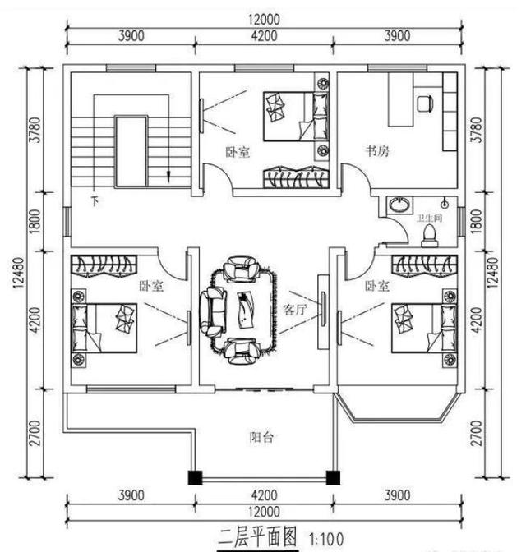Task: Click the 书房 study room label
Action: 377,151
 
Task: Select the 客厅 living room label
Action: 295,310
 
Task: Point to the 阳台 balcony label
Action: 262,437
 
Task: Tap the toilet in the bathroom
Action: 427,236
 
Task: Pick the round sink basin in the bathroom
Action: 399,205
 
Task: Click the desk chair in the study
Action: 425,103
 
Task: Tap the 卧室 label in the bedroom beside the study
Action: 238,152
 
